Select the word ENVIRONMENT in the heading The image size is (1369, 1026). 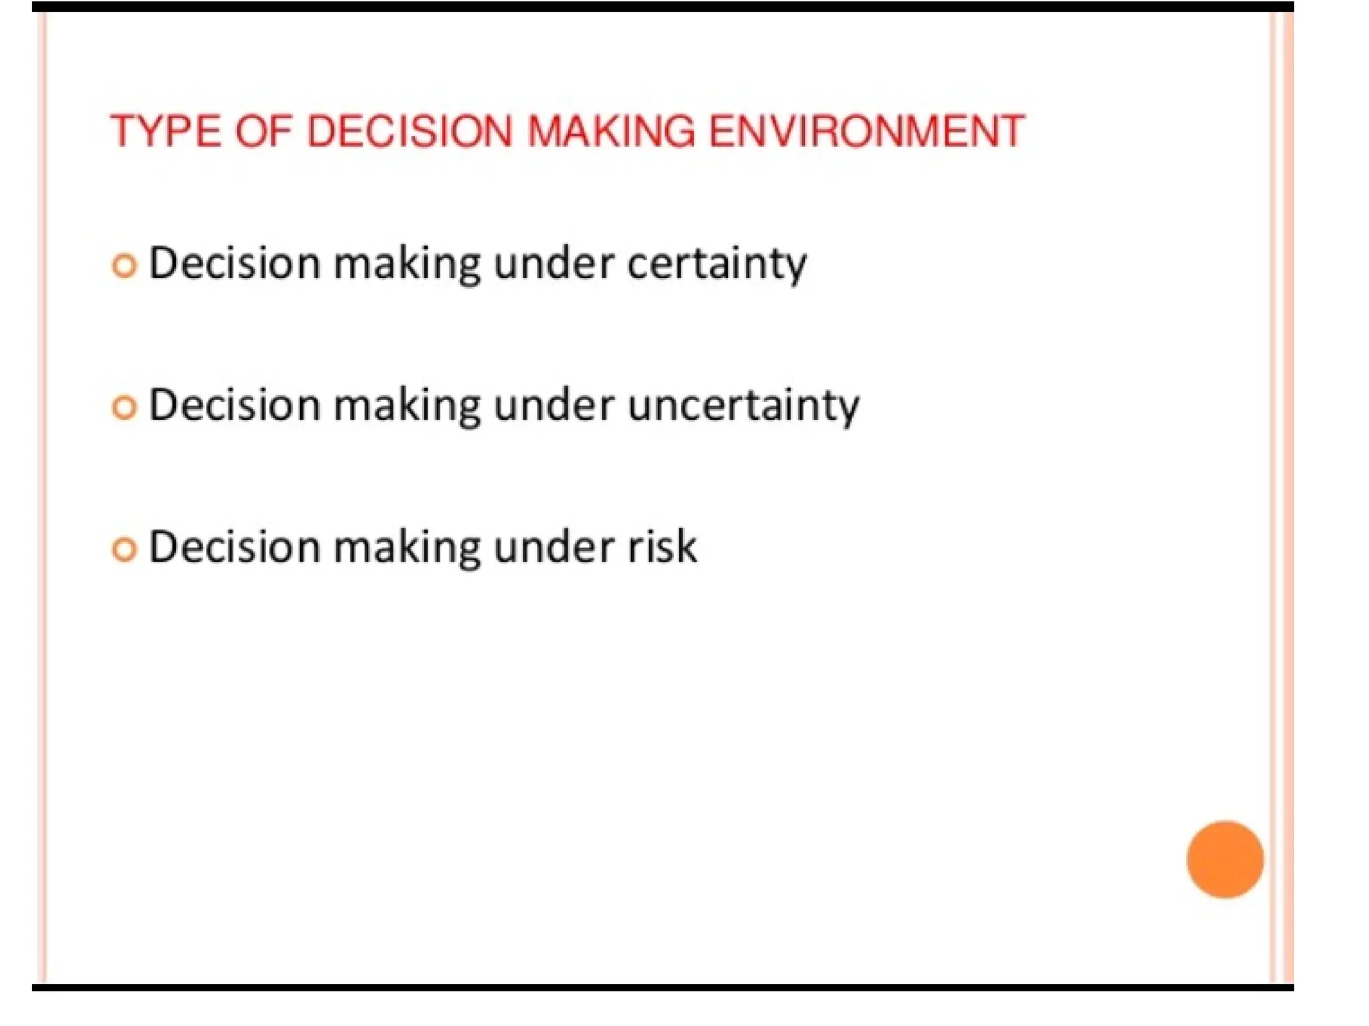[x=866, y=131]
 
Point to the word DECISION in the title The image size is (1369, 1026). [x=409, y=131]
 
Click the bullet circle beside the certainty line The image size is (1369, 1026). [x=124, y=266]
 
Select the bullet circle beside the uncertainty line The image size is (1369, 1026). [x=124, y=407]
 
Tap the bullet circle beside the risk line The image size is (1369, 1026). [x=124, y=549]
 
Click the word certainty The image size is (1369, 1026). [x=717, y=265]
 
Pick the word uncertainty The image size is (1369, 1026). [x=743, y=406]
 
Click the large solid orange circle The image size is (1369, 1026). [x=1225, y=859]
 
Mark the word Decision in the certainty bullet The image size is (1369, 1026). [x=235, y=263]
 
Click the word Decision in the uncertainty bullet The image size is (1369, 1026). [x=235, y=405]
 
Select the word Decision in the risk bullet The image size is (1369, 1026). [x=235, y=547]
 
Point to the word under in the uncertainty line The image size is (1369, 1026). [x=553, y=405]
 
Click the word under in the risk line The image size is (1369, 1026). [x=553, y=547]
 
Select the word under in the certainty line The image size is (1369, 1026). [x=553, y=264]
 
